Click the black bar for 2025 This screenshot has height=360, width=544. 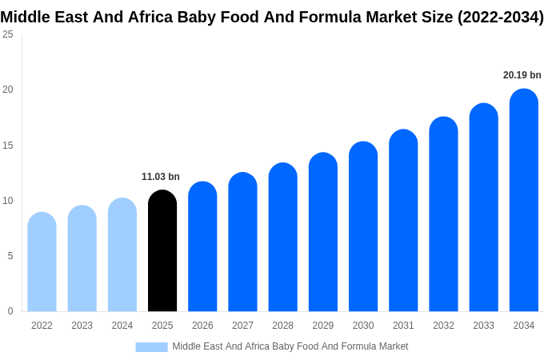(x=162, y=252)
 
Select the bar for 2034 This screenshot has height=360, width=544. (x=523, y=202)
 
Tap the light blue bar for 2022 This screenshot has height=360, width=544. (x=42, y=263)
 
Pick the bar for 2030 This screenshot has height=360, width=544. (x=363, y=228)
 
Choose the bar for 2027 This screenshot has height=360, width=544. (x=242, y=243)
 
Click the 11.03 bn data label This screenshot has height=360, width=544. (x=161, y=177)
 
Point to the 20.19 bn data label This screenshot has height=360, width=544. (x=522, y=75)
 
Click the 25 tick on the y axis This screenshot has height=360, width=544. (x=8, y=34)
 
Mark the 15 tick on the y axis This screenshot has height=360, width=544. (x=8, y=145)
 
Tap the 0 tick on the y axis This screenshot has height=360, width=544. (x=10, y=311)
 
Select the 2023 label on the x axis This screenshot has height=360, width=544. (x=82, y=326)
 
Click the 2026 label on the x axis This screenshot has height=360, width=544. (x=202, y=326)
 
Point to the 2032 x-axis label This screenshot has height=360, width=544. (x=443, y=326)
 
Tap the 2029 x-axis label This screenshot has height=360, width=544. (x=322, y=326)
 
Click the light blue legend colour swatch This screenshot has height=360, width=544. (x=151, y=347)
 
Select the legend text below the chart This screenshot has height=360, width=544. (x=290, y=346)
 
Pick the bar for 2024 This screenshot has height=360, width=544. (x=122, y=256)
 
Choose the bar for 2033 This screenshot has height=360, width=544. (x=483, y=209)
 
